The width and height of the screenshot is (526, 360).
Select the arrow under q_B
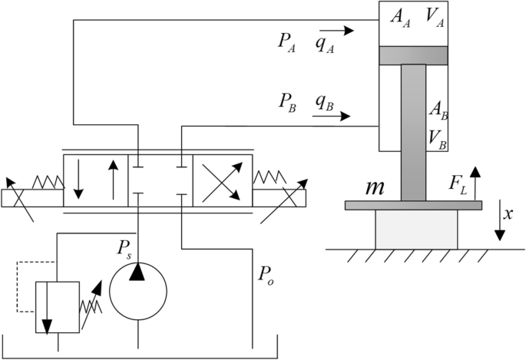(331, 117)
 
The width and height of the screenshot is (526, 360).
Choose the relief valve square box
(58, 306)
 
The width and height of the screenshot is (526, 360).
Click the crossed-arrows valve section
(222, 182)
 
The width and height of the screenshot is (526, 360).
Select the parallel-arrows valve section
(94, 182)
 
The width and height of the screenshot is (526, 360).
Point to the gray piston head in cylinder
(413, 55)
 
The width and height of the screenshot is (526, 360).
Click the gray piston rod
(413, 130)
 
